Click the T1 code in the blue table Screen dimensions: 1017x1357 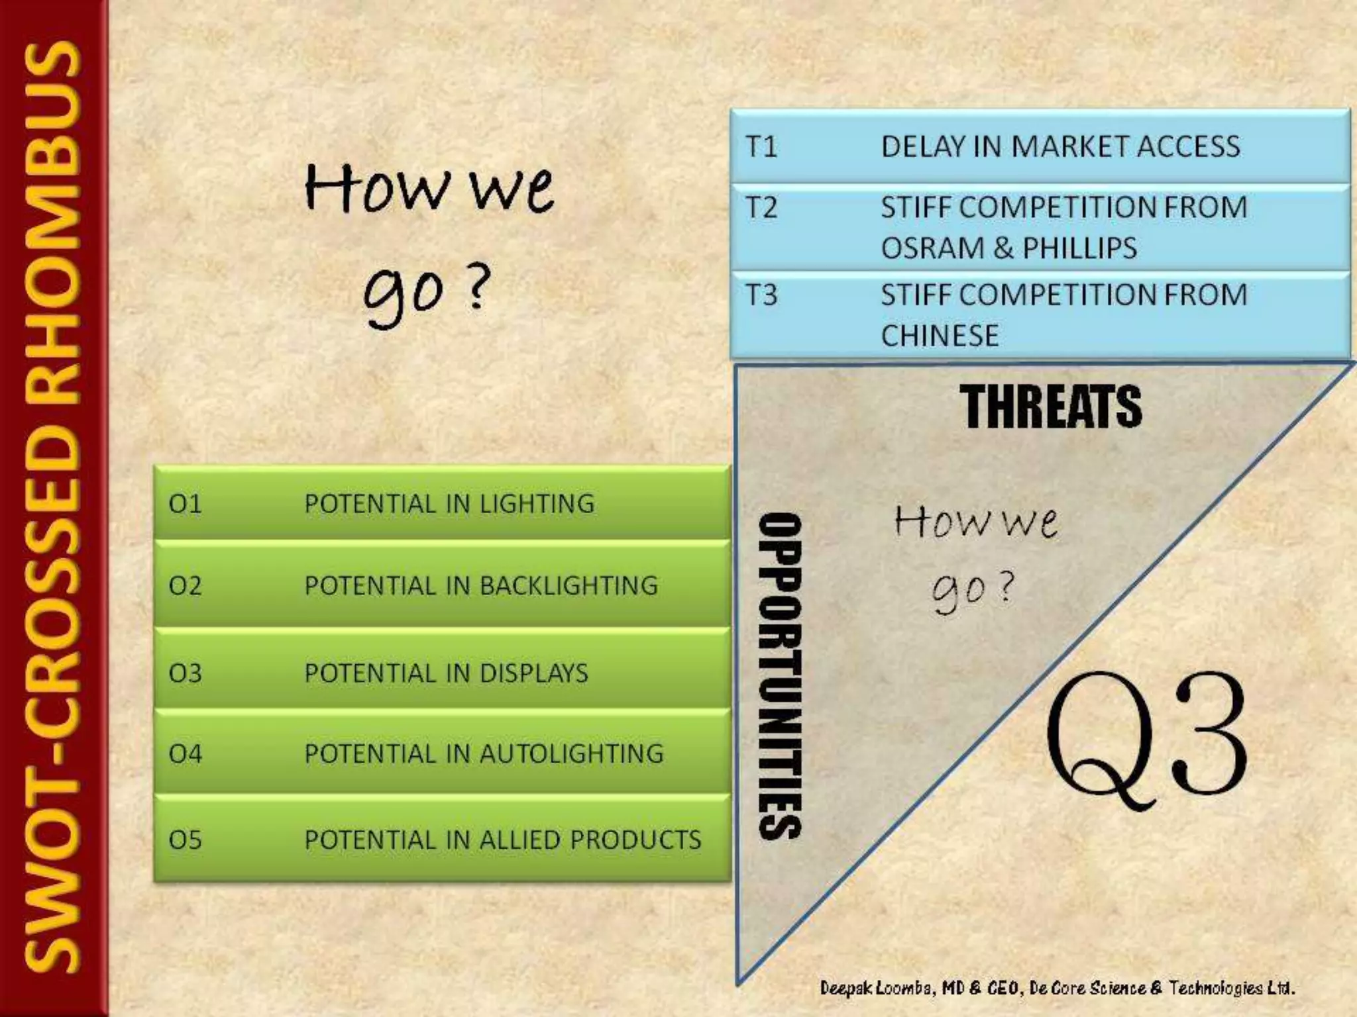[761, 146]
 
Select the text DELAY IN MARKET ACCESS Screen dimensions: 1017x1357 [1060, 146]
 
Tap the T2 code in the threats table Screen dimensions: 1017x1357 [761, 208]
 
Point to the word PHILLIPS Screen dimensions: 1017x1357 [1079, 248]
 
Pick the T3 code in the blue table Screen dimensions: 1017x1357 [761, 295]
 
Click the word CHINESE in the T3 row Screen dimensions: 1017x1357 [940, 336]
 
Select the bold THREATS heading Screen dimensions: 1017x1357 [1051, 406]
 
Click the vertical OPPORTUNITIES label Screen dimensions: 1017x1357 [780, 675]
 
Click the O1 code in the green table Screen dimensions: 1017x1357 [185, 505]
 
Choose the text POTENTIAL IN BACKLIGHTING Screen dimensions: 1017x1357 [481, 586]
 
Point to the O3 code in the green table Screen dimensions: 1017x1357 [185, 673]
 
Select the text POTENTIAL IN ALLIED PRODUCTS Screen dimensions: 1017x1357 [502, 840]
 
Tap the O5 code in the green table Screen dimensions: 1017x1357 [185, 840]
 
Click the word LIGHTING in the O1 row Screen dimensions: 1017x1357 [537, 505]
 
